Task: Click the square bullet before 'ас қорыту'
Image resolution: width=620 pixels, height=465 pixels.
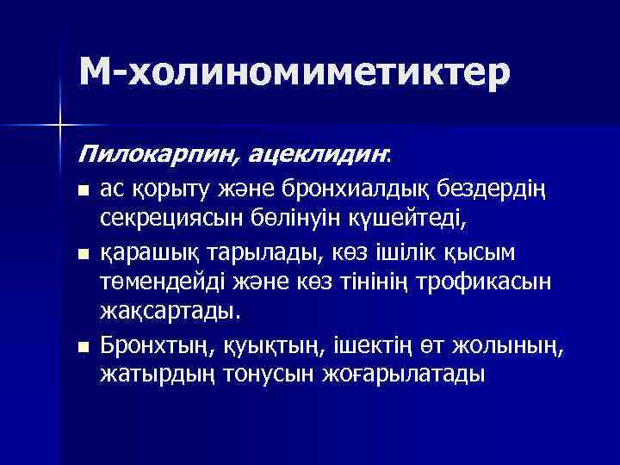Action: (82, 189)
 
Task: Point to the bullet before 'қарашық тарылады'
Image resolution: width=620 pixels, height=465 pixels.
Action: (82, 254)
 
